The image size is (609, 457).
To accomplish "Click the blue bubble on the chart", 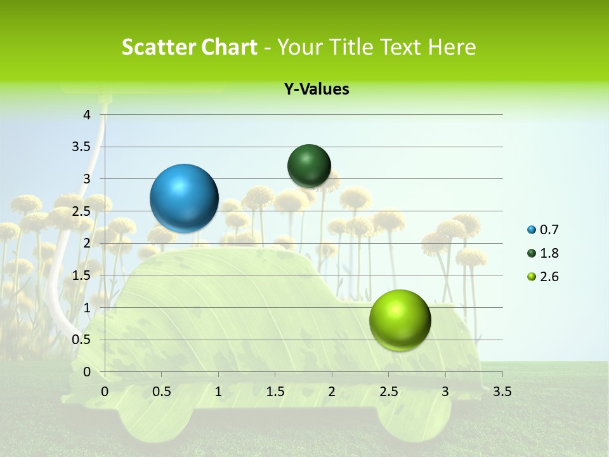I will pyautogui.click(x=185, y=198).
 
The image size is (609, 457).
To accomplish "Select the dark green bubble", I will pyautogui.click(x=309, y=166).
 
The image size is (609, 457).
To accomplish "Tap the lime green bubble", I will pyautogui.click(x=400, y=319).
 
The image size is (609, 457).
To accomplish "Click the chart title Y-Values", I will pyautogui.click(x=316, y=89).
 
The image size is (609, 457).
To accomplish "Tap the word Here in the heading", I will pyautogui.click(x=452, y=47).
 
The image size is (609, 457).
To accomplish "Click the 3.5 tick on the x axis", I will pyautogui.click(x=502, y=392).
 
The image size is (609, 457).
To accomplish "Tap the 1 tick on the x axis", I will pyautogui.click(x=218, y=392).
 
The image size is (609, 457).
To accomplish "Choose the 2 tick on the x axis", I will pyautogui.click(x=332, y=392).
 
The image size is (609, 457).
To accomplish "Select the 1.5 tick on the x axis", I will pyautogui.click(x=275, y=392).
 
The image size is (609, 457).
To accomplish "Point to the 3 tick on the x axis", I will pyautogui.click(x=445, y=392).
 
